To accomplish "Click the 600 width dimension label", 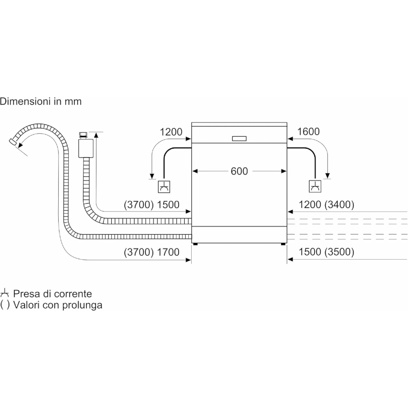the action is pyautogui.click(x=239, y=171).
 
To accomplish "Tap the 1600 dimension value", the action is pyautogui.click(x=309, y=132).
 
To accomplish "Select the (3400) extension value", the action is pyautogui.click(x=340, y=205).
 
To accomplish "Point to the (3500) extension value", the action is pyautogui.click(x=340, y=252).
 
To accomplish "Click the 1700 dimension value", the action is pyautogui.click(x=168, y=252).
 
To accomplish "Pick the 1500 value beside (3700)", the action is pyautogui.click(x=168, y=205).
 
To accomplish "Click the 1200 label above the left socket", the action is pyautogui.click(x=171, y=132).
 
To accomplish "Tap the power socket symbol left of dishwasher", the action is pyautogui.click(x=164, y=187).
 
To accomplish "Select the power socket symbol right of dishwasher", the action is pyautogui.click(x=315, y=186).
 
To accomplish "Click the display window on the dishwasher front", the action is pyautogui.click(x=239, y=139).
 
